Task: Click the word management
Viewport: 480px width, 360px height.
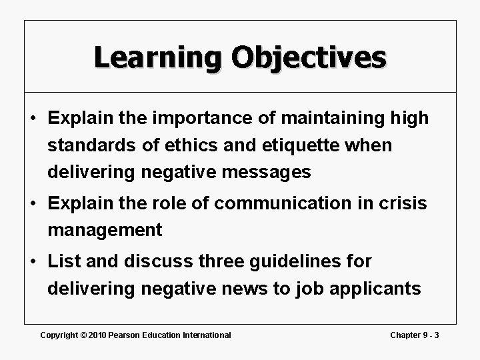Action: point(105,231)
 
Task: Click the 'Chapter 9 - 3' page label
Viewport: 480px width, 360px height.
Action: point(415,335)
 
